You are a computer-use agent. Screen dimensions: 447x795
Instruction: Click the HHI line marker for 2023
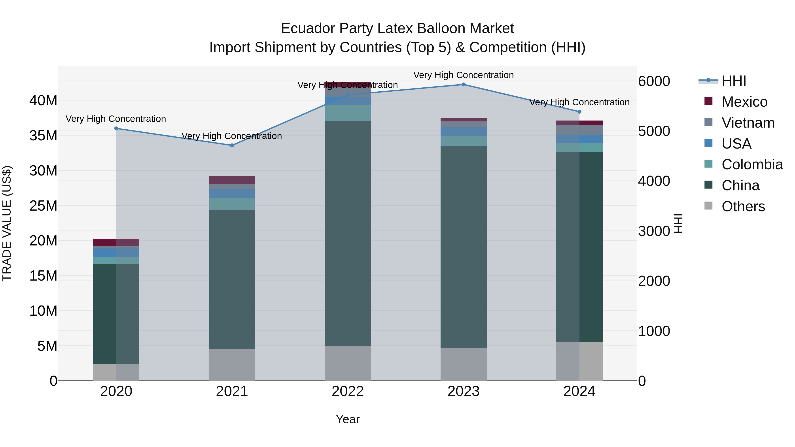[x=463, y=85]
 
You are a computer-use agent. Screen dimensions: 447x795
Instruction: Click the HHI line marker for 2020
[x=116, y=128]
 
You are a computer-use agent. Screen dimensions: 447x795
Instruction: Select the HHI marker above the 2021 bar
[x=232, y=145]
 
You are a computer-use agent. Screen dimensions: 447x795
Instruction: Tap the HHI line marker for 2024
[x=579, y=112]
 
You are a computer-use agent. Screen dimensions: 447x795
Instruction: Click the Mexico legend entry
[x=744, y=102]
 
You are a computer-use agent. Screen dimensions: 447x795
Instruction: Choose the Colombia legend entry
[x=752, y=164]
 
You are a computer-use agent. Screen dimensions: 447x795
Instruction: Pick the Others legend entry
[x=743, y=206]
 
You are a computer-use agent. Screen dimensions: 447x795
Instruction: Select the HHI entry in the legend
[x=734, y=81]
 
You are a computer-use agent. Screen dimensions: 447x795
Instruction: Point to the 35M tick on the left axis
[x=43, y=136]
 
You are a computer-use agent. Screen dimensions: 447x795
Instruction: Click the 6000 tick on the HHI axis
[x=654, y=81]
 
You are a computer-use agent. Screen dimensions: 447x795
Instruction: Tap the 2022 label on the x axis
[x=348, y=391]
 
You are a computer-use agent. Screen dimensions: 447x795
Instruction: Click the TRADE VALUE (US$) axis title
[x=7, y=223]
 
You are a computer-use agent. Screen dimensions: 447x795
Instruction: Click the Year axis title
[x=348, y=419]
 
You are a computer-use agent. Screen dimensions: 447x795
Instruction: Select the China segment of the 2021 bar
[x=232, y=279]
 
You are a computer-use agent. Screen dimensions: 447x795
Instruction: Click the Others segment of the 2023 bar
[x=463, y=364]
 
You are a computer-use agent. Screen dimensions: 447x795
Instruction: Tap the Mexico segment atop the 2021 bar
[x=232, y=180]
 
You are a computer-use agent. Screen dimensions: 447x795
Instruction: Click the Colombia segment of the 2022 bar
[x=348, y=113]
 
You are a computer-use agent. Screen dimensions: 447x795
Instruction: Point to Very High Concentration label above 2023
[x=463, y=75]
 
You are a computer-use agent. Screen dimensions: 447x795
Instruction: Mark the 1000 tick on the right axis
[x=654, y=331]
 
